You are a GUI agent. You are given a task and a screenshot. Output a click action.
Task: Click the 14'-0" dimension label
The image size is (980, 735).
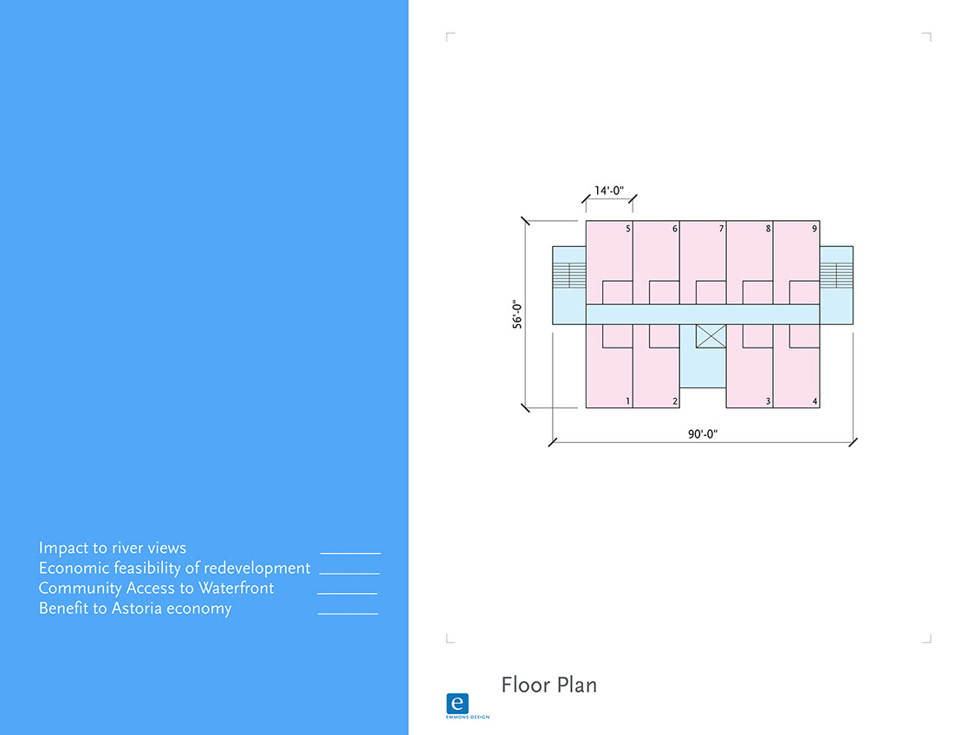609,191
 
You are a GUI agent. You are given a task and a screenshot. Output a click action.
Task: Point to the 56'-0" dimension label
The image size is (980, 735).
517,315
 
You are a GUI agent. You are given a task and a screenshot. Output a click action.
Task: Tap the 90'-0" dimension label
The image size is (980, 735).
703,433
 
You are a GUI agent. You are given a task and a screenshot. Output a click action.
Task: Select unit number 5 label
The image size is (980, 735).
628,229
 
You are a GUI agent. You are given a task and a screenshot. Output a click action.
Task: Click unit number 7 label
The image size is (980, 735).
721,229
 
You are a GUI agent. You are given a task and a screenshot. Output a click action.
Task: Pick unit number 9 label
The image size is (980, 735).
815,229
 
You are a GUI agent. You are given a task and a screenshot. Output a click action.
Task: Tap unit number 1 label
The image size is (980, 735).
628,401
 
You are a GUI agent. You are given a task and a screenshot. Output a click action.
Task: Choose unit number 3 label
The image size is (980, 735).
768,401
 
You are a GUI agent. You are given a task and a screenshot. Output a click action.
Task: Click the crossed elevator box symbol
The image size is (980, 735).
711,336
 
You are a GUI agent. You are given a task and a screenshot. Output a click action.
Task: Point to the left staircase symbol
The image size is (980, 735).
569,275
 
